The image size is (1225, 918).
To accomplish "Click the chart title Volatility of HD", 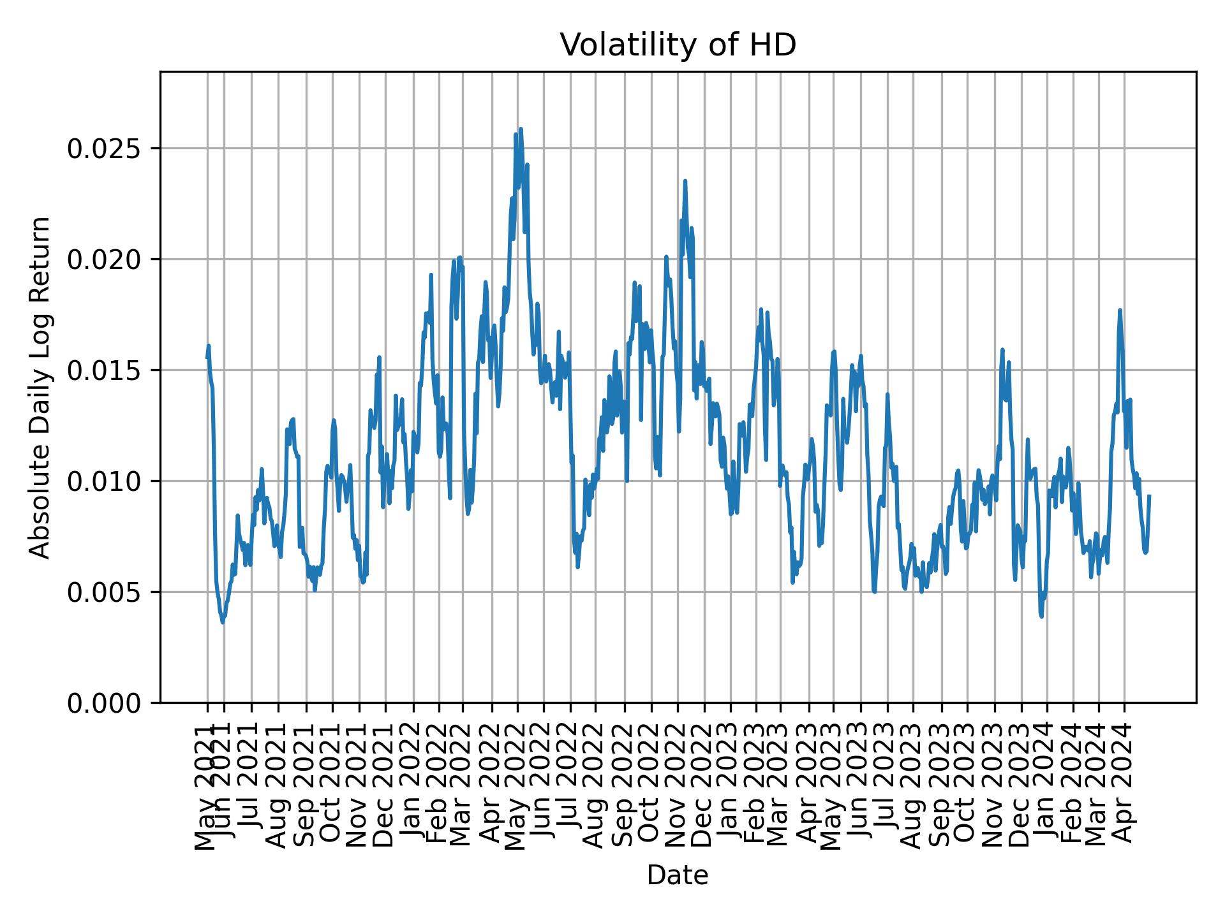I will click(x=678, y=45).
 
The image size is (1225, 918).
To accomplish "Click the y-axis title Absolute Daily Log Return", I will click(x=40, y=387).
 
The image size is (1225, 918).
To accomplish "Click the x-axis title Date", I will click(x=678, y=875).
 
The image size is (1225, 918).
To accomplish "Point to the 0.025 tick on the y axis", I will click(x=105, y=149).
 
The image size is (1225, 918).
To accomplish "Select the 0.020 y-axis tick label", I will click(x=105, y=259).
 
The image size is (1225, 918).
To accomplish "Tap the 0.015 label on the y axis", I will click(x=105, y=370).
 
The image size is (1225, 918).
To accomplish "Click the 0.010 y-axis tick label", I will click(x=105, y=481).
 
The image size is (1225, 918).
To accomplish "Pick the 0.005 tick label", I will click(x=105, y=592).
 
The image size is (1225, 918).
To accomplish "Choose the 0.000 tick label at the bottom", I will click(x=105, y=703).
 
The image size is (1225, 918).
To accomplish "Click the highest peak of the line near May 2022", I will click(x=521, y=129).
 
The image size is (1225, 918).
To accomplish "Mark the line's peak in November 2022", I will click(x=685, y=180).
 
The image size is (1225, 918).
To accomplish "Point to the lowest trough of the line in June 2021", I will click(x=222, y=622).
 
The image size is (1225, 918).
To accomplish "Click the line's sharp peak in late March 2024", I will click(x=1120, y=310).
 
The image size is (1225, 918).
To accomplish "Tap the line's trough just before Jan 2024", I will click(x=1042, y=616).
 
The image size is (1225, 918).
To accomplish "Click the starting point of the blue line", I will click(x=207, y=358).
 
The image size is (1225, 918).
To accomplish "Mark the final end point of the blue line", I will click(x=1149, y=495).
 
